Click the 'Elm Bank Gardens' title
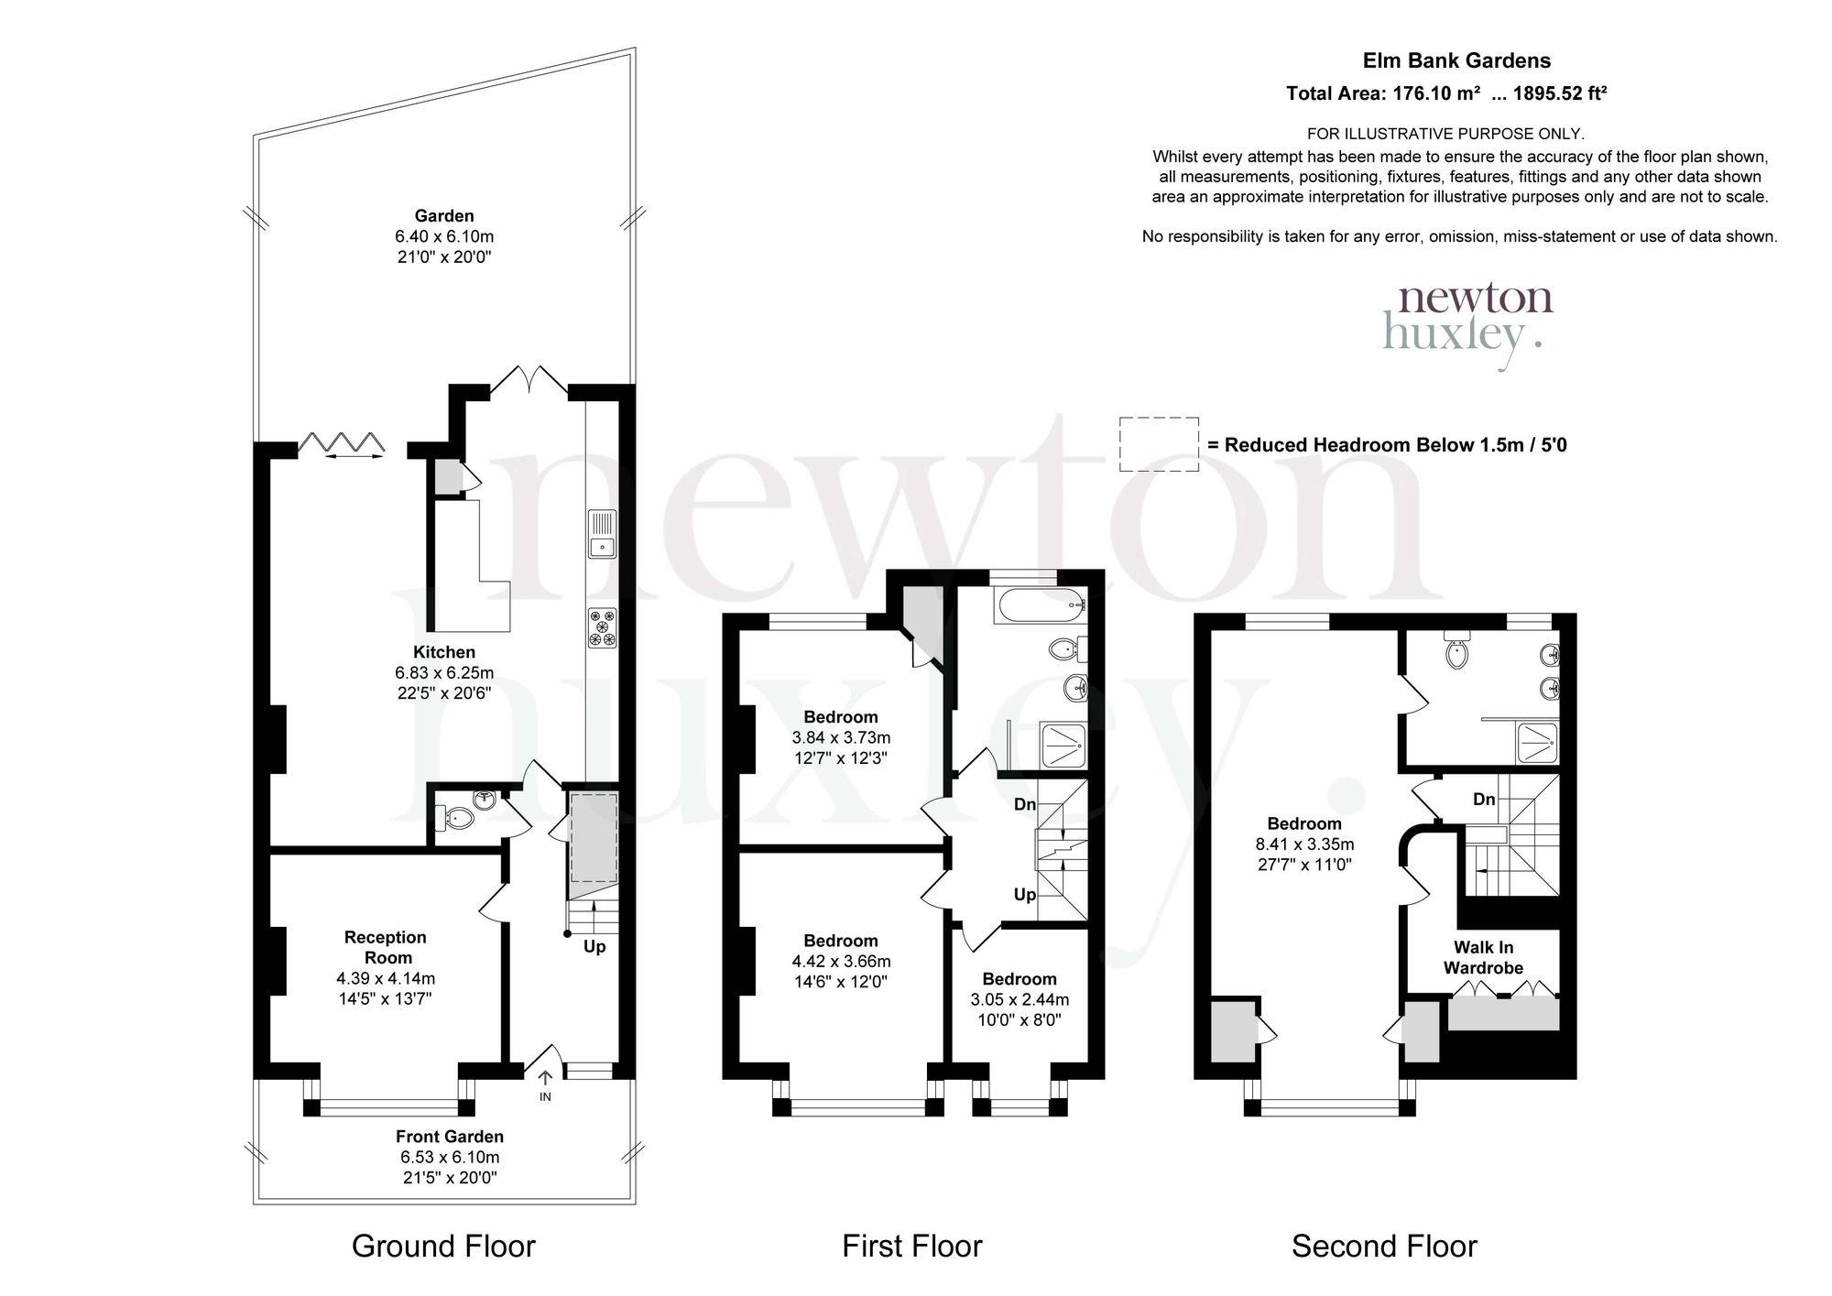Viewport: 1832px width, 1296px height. click(1456, 60)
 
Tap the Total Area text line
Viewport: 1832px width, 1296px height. click(1446, 93)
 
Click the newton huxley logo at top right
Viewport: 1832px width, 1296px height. click(1467, 326)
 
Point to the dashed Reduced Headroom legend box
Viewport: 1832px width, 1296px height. click(1159, 444)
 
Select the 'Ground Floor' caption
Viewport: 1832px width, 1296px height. click(443, 1247)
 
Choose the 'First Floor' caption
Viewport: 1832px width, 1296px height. click(912, 1247)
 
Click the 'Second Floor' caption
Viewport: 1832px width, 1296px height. click(1384, 1247)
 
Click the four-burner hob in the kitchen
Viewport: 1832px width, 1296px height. click(603, 628)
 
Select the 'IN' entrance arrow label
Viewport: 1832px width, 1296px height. click(545, 1096)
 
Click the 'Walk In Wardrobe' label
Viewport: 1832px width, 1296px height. click(1483, 957)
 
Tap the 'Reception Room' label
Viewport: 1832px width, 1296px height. click(385, 947)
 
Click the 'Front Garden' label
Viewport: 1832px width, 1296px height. click(450, 1137)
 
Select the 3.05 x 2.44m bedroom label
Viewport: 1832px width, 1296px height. click(1020, 999)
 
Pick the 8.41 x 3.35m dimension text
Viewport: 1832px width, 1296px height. click(1304, 844)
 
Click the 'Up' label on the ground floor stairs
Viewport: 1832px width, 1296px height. click(594, 946)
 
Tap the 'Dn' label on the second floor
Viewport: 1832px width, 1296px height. click(1484, 800)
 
